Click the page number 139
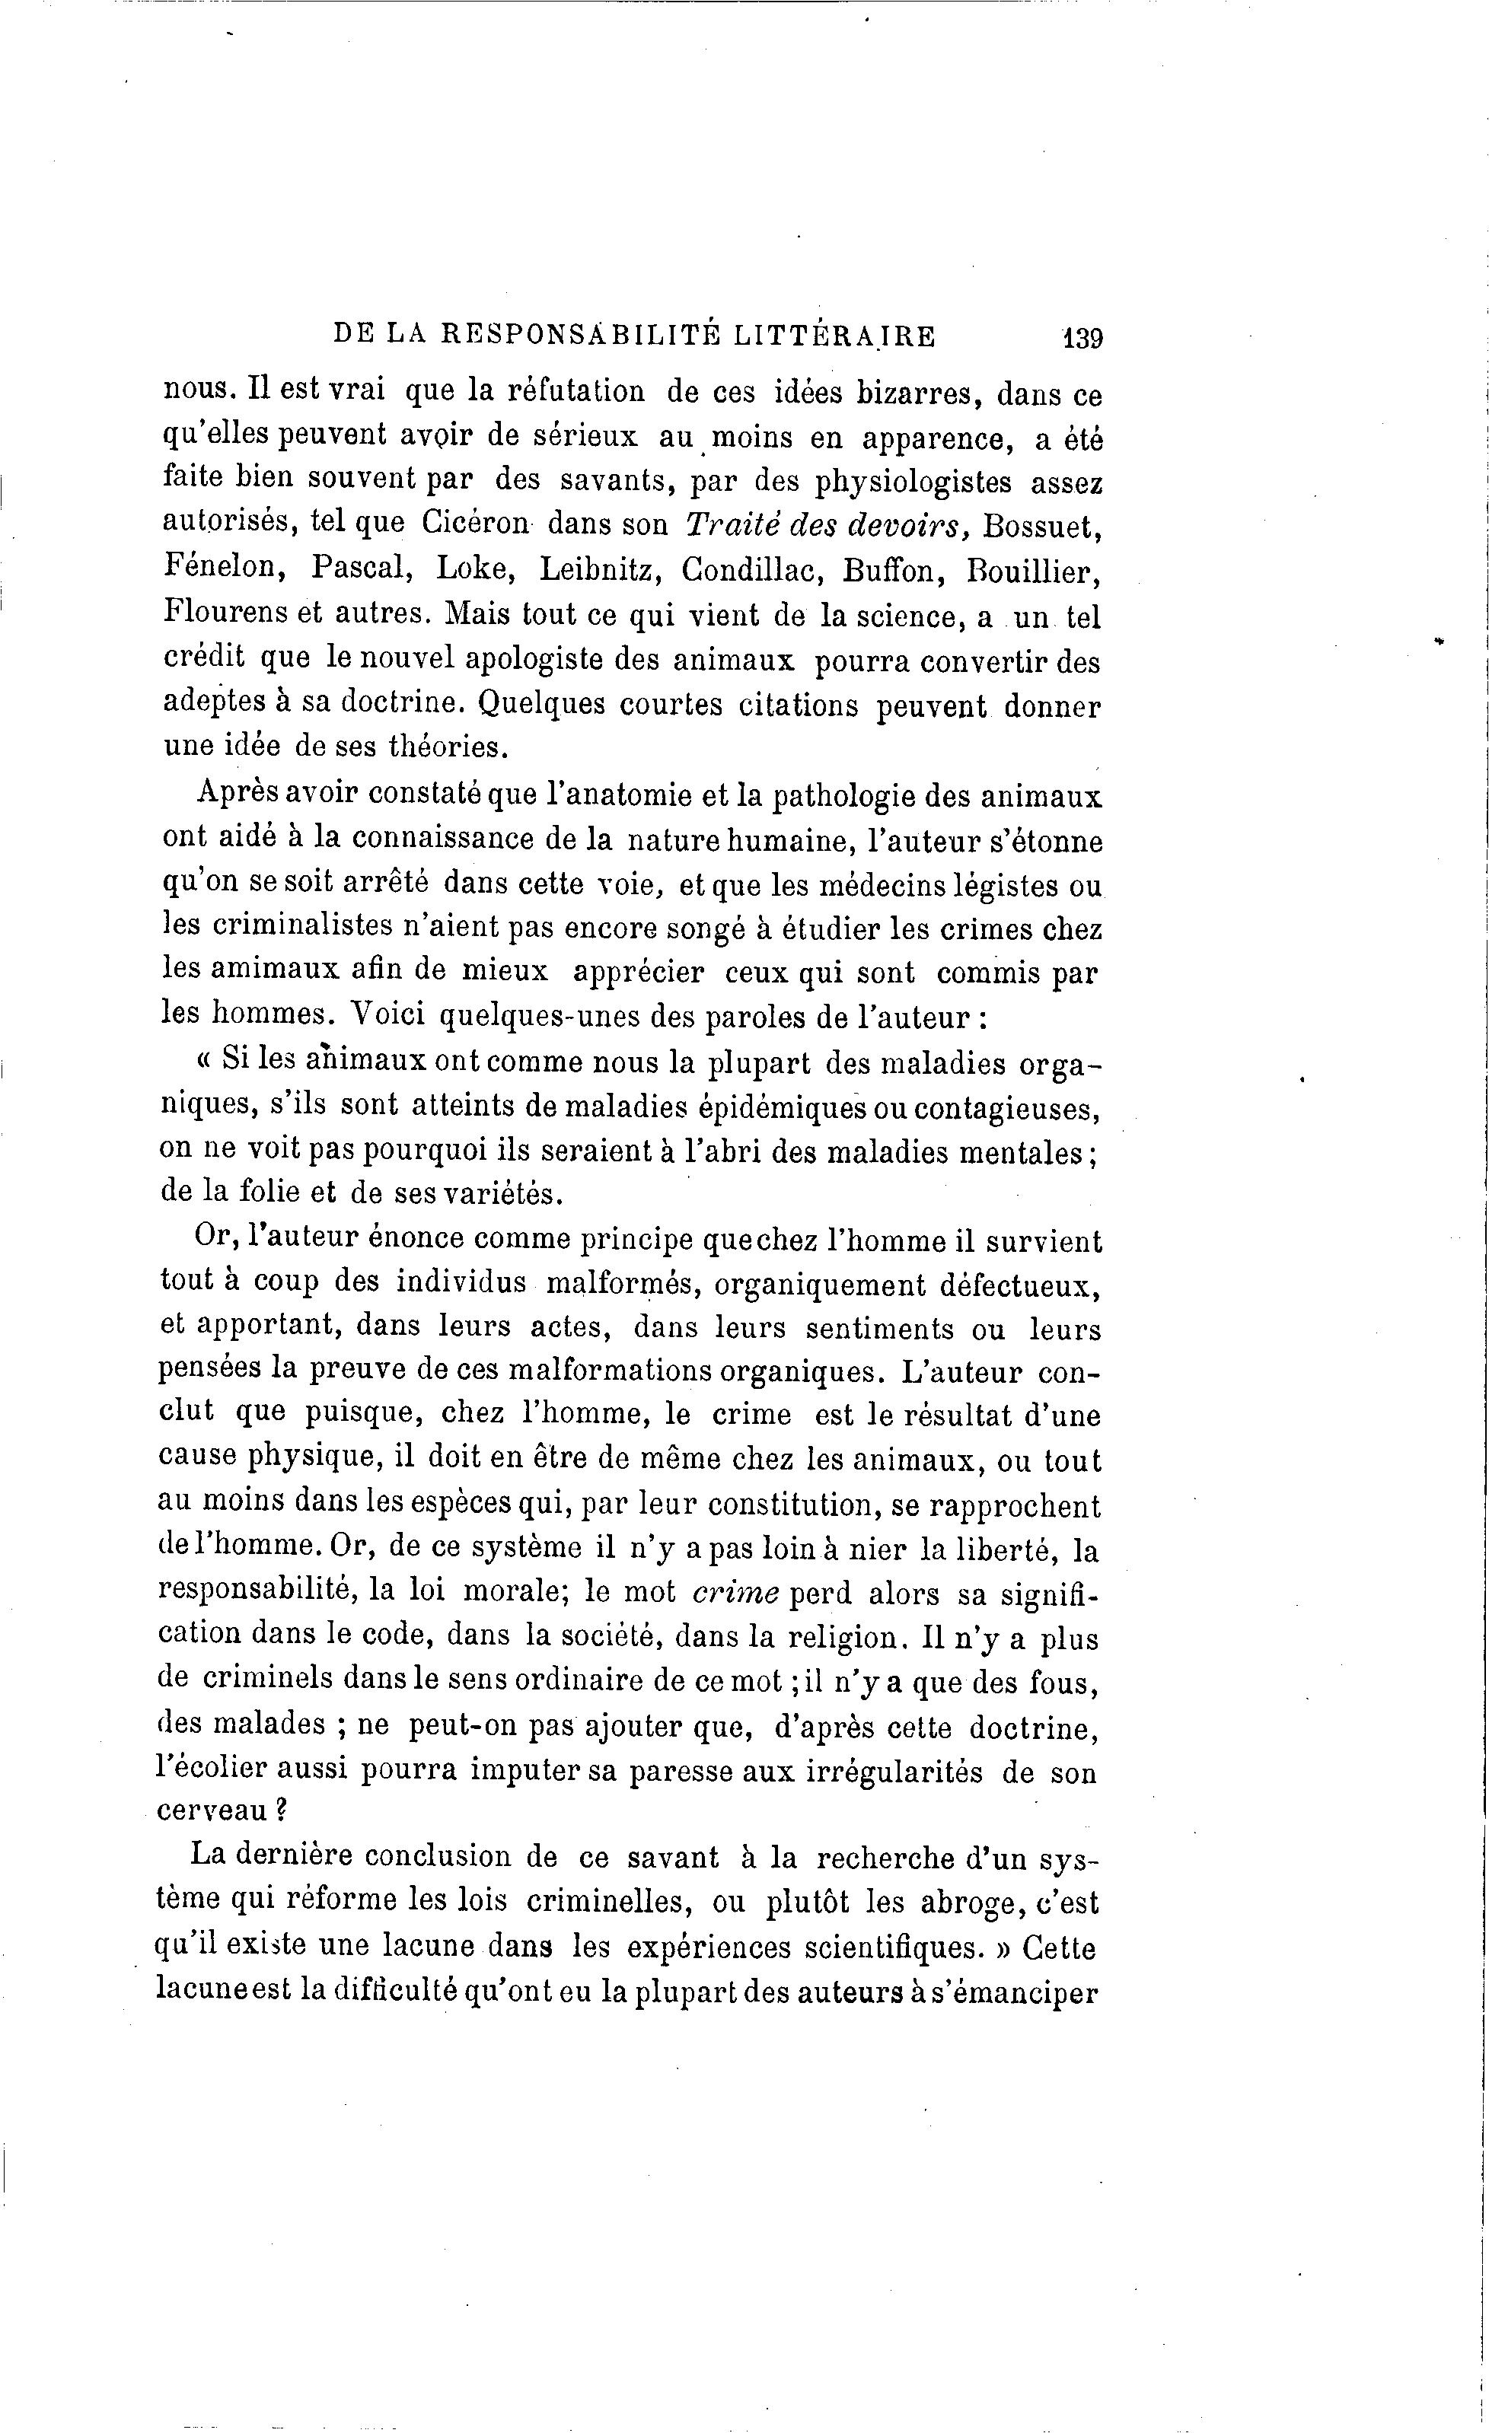(1082, 339)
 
